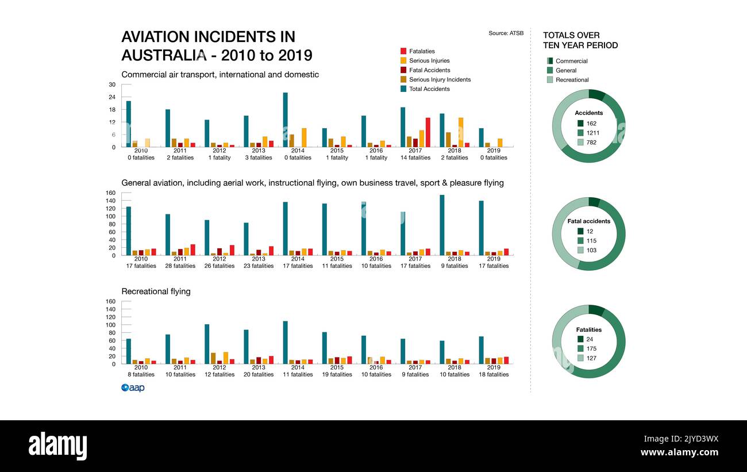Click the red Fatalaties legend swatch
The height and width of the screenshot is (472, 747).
point(403,51)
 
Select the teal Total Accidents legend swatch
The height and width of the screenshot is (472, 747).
point(403,89)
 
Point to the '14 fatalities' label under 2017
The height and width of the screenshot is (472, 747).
point(415,158)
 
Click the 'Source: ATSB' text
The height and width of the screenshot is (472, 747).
point(506,33)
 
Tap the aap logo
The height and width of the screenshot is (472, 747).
point(133,388)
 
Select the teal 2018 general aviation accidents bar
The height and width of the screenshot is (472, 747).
point(442,225)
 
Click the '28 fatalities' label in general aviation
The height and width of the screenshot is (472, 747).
point(180,266)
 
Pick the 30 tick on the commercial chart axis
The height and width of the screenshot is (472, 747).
point(112,85)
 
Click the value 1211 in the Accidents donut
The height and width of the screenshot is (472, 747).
point(592,133)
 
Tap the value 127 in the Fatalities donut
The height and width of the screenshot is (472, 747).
point(592,358)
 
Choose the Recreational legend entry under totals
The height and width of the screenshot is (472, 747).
point(572,80)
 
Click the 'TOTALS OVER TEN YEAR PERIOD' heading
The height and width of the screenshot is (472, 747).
point(580,40)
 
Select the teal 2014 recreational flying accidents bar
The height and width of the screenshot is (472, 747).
point(285,342)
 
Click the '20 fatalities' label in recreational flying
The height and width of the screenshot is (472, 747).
point(259,375)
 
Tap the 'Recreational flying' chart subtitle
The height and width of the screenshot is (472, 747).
point(156,291)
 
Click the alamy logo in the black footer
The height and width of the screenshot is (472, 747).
point(57,446)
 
